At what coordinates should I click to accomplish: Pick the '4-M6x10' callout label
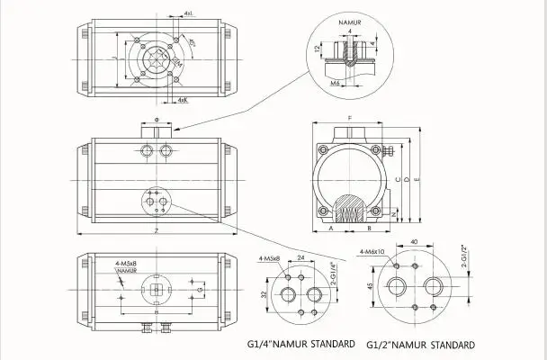371,251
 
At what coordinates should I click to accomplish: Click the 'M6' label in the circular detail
335,83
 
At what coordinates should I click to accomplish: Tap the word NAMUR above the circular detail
349,17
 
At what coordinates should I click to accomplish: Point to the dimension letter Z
157,232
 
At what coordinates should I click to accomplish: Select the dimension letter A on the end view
331,231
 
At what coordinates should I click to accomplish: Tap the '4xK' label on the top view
183,99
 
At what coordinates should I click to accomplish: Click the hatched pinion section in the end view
350,212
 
